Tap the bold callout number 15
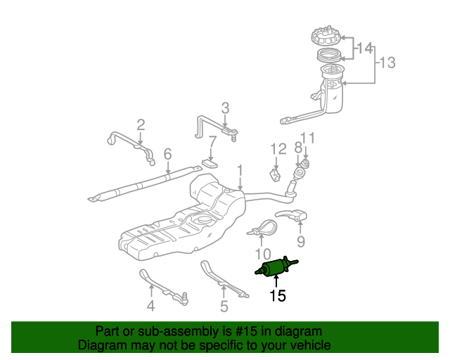coord(278,296)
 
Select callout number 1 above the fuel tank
coord(240,170)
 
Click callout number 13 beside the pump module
coord(387,63)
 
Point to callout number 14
coord(365,49)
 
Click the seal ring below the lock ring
coord(330,55)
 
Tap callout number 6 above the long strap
coord(167,154)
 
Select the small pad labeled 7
coord(210,164)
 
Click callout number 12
coord(278,149)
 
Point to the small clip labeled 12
coord(275,175)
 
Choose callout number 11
coord(307,138)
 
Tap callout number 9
coord(300,242)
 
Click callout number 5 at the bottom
coord(224,306)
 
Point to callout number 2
coord(141,125)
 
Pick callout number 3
coord(225,108)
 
